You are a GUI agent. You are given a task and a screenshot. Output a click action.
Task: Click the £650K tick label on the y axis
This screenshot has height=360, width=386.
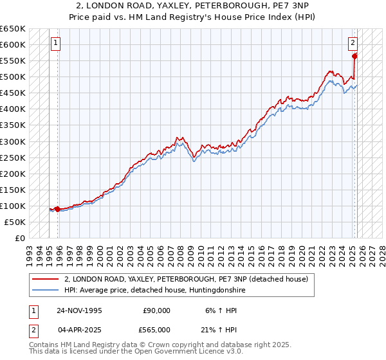(13, 29)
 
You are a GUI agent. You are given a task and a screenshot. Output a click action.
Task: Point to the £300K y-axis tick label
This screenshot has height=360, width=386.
(13, 141)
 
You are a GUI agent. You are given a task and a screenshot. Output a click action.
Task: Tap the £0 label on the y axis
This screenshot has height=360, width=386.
(19, 238)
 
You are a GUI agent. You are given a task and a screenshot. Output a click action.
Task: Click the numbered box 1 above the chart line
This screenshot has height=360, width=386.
(56, 44)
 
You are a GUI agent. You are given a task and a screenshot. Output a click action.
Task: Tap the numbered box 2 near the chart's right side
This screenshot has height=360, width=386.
(353, 44)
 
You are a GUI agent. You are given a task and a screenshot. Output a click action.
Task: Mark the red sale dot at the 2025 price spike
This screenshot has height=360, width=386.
(354, 56)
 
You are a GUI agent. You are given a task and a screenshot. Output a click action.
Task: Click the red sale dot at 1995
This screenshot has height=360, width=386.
(58, 209)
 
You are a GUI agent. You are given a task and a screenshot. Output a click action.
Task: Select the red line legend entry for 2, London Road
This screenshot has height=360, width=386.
(187, 279)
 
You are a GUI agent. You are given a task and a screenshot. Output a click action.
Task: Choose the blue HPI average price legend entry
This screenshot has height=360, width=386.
(154, 291)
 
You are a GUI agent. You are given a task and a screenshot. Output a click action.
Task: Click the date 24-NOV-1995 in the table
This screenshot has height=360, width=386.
(79, 310)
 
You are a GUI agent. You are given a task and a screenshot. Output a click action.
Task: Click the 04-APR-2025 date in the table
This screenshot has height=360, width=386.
(79, 330)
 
